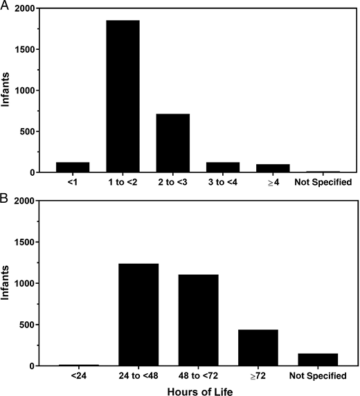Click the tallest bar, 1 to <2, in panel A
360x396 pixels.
pyautogui.click(x=123, y=96)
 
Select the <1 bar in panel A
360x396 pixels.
pyautogui.click(x=73, y=167)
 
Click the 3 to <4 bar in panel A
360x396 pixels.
pyautogui.click(x=222, y=167)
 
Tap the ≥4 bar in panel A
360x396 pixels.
pyautogui.click(x=272, y=168)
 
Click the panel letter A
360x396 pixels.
pyautogui.click(x=6, y=6)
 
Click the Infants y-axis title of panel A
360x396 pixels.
pyautogui.click(x=8, y=90)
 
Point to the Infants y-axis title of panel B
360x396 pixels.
pyautogui.click(x=8, y=283)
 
